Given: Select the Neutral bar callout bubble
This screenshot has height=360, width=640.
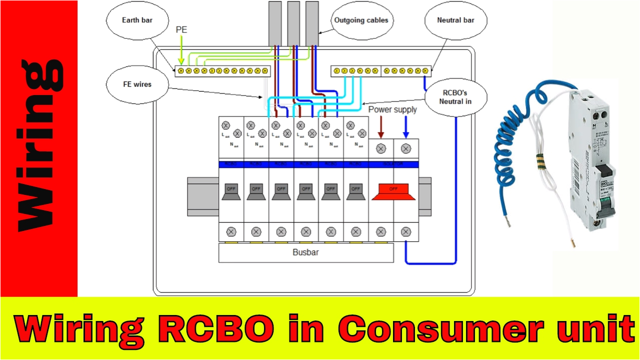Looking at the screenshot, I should tap(455, 20).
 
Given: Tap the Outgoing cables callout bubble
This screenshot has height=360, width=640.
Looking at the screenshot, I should tap(361, 20).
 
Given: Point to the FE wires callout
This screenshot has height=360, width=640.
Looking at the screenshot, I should tap(136, 84).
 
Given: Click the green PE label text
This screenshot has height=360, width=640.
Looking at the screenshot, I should tap(182, 31).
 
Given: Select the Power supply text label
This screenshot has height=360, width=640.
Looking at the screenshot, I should tap(392, 109).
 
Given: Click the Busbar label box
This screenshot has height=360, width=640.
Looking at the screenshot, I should tap(305, 252).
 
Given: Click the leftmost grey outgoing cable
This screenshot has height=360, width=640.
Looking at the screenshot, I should tap(275, 22).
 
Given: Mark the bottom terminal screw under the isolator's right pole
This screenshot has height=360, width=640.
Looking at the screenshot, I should tap(406, 231).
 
